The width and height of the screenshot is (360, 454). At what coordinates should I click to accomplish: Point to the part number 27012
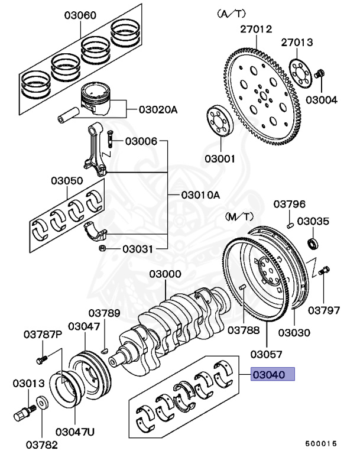tap(255, 28)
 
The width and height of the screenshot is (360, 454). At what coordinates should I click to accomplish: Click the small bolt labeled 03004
tap(320, 74)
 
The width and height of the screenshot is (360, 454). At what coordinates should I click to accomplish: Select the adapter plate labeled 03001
tap(220, 121)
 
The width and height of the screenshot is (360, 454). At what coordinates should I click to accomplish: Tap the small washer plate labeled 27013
tap(301, 72)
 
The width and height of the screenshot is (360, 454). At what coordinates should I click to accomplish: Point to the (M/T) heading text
tap(238, 217)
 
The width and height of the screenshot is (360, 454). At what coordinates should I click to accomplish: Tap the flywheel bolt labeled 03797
tap(323, 273)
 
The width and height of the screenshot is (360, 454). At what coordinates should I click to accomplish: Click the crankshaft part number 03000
tap(165, 274)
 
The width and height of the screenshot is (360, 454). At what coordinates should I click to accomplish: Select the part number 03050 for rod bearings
tap(66, 180)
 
